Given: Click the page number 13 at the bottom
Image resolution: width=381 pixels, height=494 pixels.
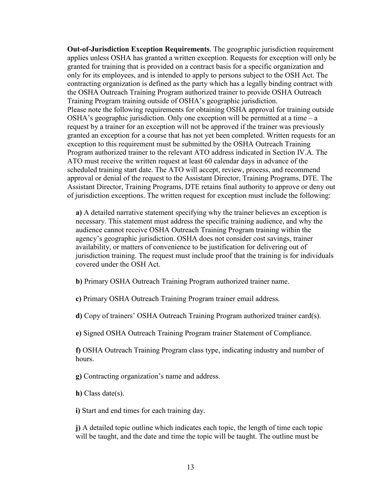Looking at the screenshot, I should click(x=190, y=467).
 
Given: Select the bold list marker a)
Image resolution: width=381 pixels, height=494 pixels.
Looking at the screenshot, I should click(x=79, y=212).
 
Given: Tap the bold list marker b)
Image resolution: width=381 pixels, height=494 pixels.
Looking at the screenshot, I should click(x=79, y=282).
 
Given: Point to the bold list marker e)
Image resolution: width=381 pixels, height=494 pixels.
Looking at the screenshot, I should click(x=79, y=333).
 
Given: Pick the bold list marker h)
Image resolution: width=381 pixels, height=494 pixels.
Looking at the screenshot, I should click(x=79, y=393).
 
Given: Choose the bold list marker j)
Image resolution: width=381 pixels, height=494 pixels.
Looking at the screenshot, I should click(x=78, y=428).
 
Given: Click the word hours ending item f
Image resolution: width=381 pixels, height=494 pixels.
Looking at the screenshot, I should click(x=85, y=359).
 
